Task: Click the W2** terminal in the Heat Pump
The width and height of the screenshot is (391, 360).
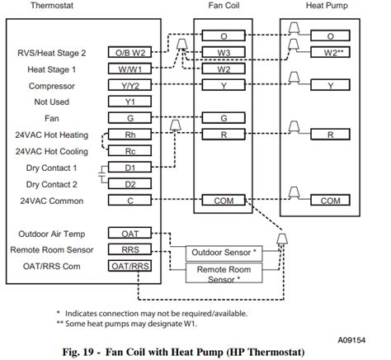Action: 330,53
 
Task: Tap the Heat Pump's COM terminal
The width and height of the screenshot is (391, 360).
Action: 330,201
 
